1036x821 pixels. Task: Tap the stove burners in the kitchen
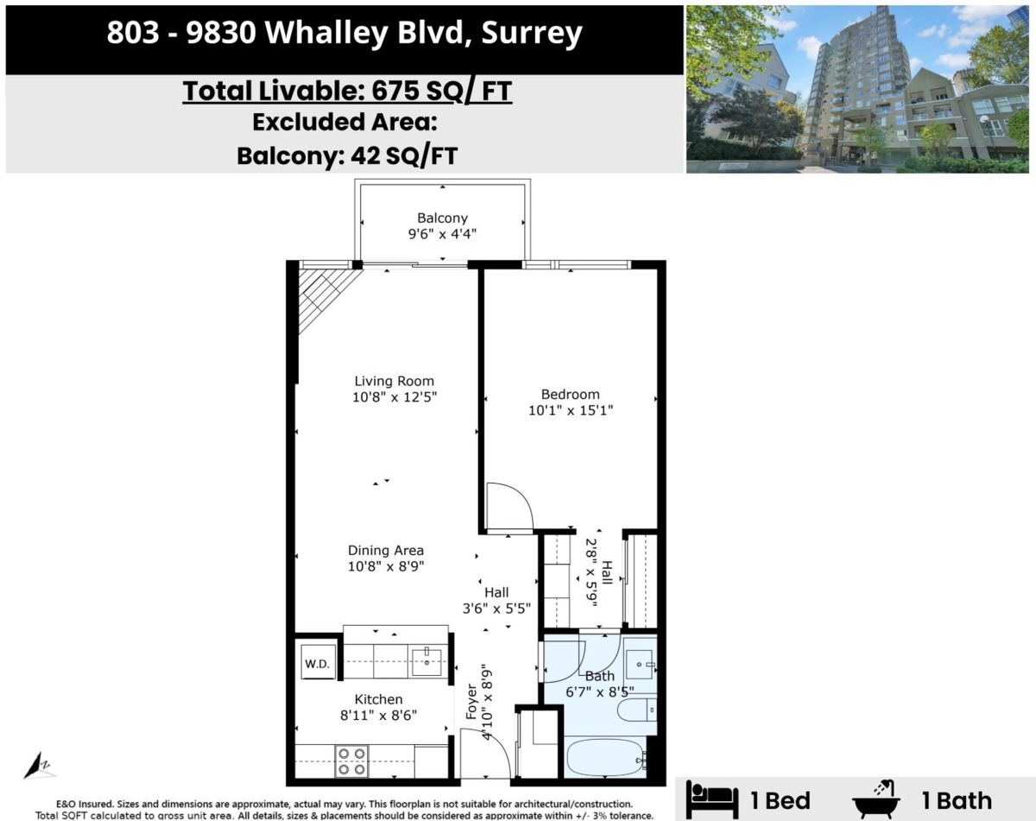(x=351, y=761)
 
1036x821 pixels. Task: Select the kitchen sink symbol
(x=426, y=662)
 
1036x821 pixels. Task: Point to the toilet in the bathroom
(x=636, y=711)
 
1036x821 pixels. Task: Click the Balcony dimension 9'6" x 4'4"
(x=442, y=233)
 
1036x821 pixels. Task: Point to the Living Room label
(x=395, y=381)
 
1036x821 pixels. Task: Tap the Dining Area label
(x=386, y=550)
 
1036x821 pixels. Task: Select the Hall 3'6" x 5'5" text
(x=496, y=601)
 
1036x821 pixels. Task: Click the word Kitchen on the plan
(x=378, y=699)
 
